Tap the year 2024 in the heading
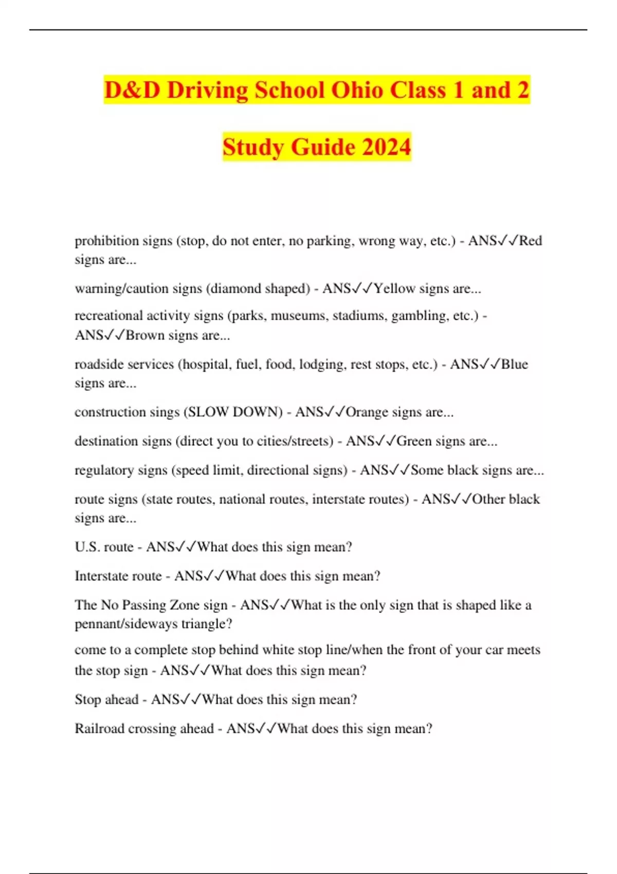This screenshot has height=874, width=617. pyautogui.click(x=386, y=147)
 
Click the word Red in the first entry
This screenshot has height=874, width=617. pyautogui.click(x=531, y=241)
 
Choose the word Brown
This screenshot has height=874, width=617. pyautogui.click(x=145, y=335)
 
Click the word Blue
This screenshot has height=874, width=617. pyautogui.click(x=515, y=364)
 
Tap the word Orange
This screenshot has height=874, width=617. pyautogui.click(x=367, y=412)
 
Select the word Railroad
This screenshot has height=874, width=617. pyautogui.click(x=100, y=729)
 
